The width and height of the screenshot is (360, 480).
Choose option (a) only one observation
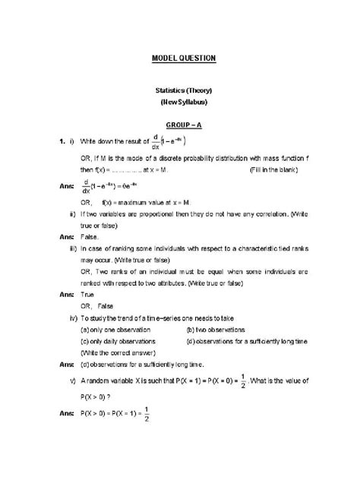115,320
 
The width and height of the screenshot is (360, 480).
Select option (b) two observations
216,320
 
